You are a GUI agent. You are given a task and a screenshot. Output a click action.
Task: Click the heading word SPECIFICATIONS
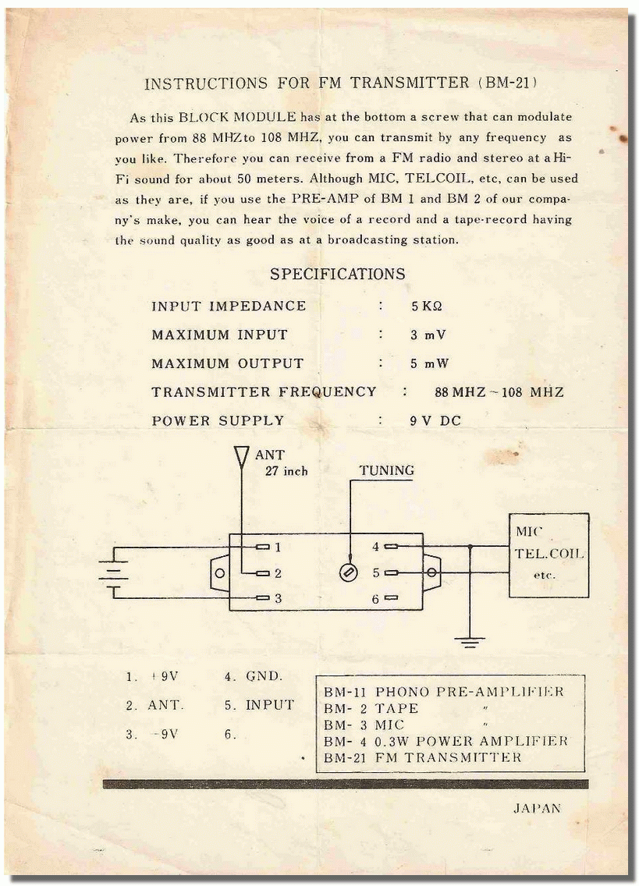coord(338,274)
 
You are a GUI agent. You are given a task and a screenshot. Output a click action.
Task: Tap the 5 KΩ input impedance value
coord(426,307)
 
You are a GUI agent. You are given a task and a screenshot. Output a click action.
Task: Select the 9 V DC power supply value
coord(435,420)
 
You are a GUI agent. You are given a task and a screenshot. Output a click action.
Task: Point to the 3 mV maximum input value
coord(428,335)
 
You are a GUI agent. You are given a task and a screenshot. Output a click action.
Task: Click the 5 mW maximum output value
coord(429,363)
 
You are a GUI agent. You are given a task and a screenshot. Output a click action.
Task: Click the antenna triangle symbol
coord(241,456)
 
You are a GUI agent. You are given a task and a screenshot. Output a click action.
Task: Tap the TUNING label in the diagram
coord(387,470)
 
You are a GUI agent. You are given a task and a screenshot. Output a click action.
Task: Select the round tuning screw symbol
coord(348,573)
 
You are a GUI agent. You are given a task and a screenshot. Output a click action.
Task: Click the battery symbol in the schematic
coord(113,572)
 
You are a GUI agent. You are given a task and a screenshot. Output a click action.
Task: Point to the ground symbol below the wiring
coord(470,641)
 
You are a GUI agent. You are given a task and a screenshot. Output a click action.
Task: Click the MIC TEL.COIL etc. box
coord(548,555)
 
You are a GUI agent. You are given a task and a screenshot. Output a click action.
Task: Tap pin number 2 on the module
coord(278,573)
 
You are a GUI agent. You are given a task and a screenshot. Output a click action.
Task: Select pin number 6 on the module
coord(375,599)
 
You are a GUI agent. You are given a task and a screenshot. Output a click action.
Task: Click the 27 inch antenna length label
coord(286,471)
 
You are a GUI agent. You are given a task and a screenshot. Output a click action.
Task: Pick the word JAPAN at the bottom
coord(538,808)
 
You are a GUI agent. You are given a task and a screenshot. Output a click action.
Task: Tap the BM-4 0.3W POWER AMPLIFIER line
coord(446,742)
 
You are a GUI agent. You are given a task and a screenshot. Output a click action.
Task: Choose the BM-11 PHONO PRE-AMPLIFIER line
coord(444,692)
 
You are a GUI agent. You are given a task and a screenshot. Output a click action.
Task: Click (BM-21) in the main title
coord(507,83)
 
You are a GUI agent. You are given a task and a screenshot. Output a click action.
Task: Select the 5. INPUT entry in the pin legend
coord(260,705)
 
